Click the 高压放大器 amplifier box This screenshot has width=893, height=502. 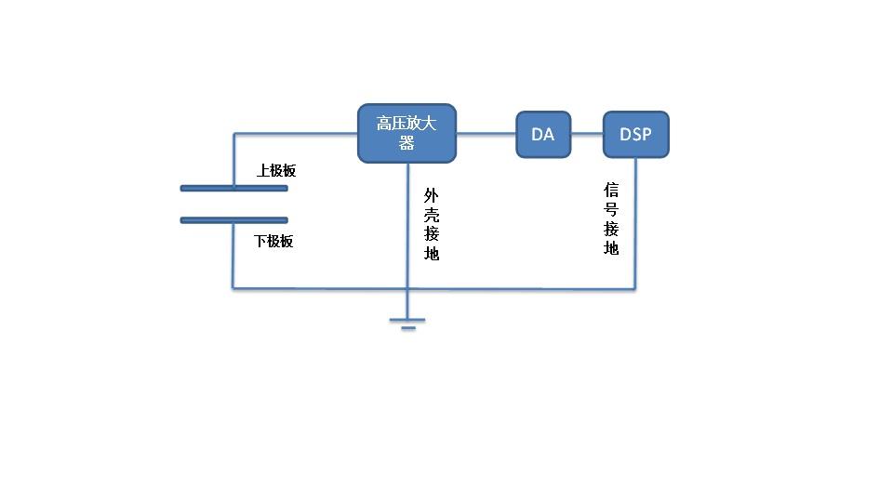click(407, 133)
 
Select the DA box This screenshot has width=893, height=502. click(543, 134)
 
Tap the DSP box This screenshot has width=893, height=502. click(635, 134)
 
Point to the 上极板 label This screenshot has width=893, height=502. click(276, 171)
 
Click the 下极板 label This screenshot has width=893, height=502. click(274, 241)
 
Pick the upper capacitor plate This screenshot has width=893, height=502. click(233, 188)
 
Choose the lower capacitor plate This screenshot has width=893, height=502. click(233, 220)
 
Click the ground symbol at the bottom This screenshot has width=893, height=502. click(407, 324)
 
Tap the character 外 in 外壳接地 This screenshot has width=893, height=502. click(432, 194)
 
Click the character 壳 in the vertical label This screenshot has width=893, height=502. click(432, 214)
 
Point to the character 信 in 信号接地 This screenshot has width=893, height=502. click(611, 189)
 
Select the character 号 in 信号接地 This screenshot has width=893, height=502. click(611, 208)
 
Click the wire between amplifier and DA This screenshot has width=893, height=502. click(486, 134)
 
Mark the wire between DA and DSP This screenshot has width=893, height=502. click(587, 134)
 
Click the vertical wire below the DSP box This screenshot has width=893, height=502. click(635, 223)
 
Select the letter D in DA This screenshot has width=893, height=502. click(537, 134)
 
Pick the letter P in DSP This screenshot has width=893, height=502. click(646, 134)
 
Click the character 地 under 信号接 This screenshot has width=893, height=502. click(611, 248)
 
